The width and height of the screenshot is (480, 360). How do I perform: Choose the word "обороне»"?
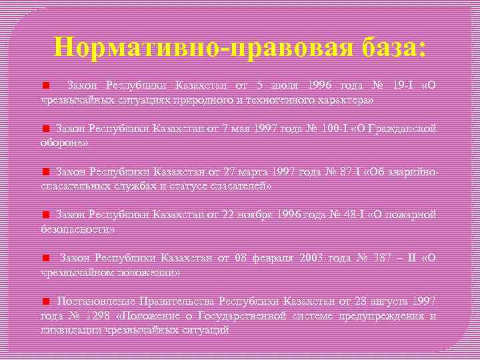pos(65,142)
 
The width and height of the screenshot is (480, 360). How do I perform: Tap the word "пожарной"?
pos(412,215)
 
